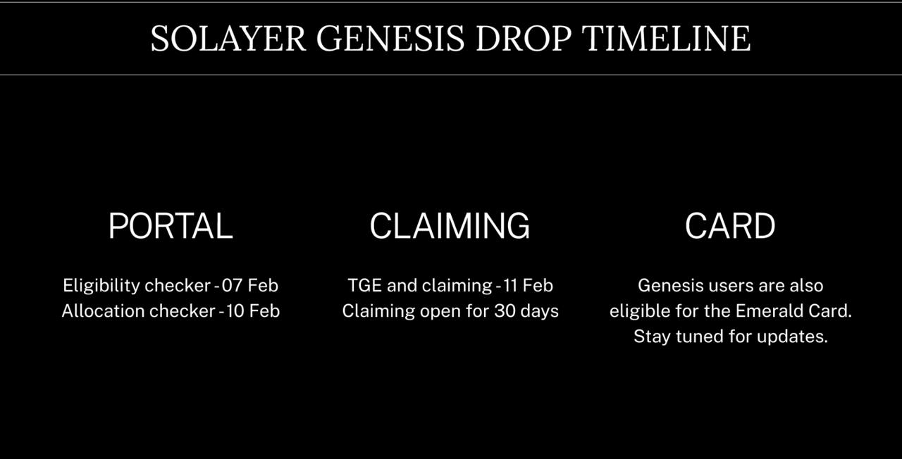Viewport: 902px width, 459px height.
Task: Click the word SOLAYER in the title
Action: [x=228, y=39]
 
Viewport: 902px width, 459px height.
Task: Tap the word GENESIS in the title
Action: [x=390, y=39]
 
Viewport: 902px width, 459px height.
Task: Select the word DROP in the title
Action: [x=524, y=39]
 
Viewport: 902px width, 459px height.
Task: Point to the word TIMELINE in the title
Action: [x=667, y=39]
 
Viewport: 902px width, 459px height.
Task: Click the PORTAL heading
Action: [x=171, y=226]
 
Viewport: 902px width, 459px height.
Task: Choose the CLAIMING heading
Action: [x=450, y=226]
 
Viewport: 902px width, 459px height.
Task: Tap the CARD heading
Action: [x=730, y=226]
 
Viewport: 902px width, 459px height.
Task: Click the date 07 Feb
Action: [x=250, y=286]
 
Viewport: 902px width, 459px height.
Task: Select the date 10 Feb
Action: [x=252, y=311]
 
